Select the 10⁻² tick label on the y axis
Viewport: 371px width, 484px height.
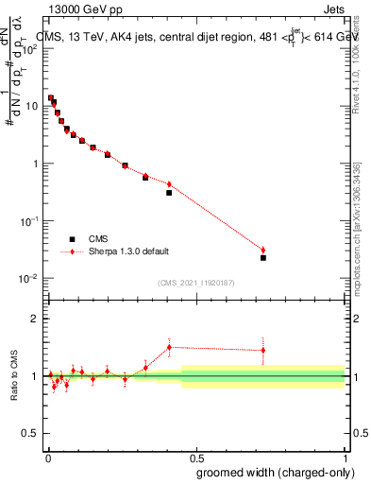pyautogui.click(x=29, y=278)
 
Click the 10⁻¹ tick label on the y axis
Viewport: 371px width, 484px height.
pyautogui.click(x=29, y=220)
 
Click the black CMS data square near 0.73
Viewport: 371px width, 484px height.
pyautogui.click(x=263, y=257)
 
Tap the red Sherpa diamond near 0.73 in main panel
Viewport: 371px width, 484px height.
pyautogui.click(x=263, y=250)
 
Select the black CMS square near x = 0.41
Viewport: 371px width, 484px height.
pyautogui.click(x=169, y=193)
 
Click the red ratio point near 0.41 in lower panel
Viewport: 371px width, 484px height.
pyautogui.click(x=169, y=347)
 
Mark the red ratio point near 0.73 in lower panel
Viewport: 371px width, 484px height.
pyautogui.click(x=263, y=350)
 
